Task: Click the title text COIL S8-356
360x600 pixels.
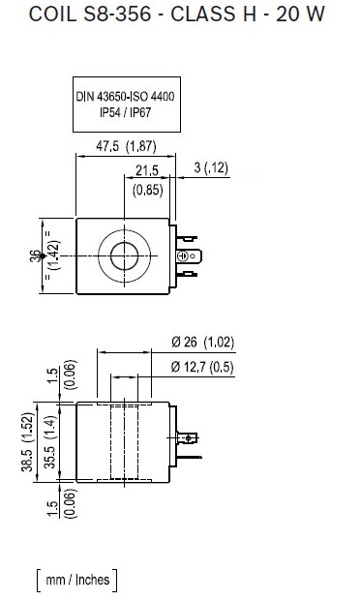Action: point(90,15)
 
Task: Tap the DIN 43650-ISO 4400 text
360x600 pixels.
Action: point(125,96)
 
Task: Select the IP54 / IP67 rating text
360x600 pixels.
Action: point(126,112)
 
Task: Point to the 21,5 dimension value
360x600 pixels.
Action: point(147,170)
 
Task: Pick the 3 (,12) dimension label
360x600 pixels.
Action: point(211,167)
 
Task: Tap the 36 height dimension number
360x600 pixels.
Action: point(35,256)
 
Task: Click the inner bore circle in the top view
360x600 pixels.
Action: point(124,255)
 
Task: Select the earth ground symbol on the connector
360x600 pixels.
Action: point(183,255)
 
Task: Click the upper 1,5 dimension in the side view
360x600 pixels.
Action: point(52,375)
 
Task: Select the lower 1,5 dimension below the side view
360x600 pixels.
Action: point(52,509)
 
